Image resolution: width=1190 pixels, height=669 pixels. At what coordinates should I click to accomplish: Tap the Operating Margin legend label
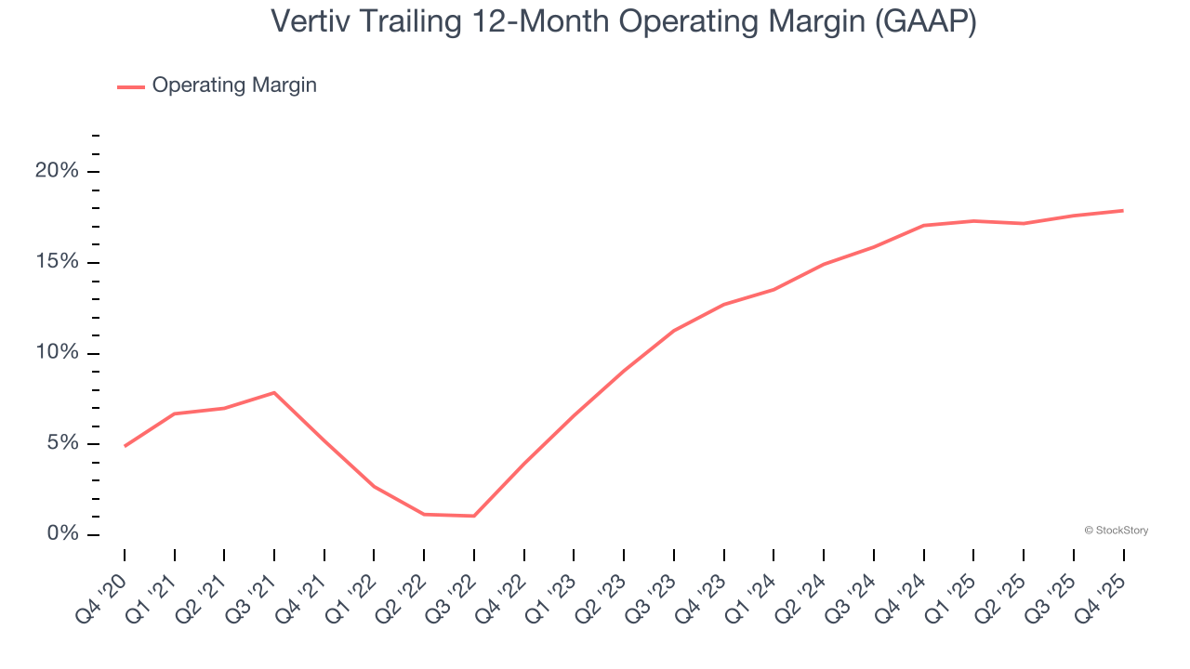coord(234,85)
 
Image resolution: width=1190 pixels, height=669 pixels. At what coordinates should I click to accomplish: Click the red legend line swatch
coord(130,86)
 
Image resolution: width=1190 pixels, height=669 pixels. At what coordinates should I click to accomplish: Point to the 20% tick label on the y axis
coord(57,172)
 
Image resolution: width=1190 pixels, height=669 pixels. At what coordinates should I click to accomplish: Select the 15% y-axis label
coord(57,262)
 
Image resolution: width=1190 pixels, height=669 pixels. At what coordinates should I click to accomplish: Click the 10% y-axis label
coord(57,353)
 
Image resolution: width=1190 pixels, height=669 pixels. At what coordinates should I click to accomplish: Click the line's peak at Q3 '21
coord(274,392)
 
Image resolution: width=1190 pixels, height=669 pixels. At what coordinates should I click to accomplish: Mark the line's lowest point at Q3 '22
coord(474,516)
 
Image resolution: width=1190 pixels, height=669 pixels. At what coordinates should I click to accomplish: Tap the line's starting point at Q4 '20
coord(125,446)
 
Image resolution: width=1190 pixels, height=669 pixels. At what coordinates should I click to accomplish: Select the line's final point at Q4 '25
coord(1123,211)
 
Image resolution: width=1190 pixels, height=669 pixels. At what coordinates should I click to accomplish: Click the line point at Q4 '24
coord(924,225)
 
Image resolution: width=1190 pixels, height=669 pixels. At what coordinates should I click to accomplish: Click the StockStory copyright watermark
coord(1116,531)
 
